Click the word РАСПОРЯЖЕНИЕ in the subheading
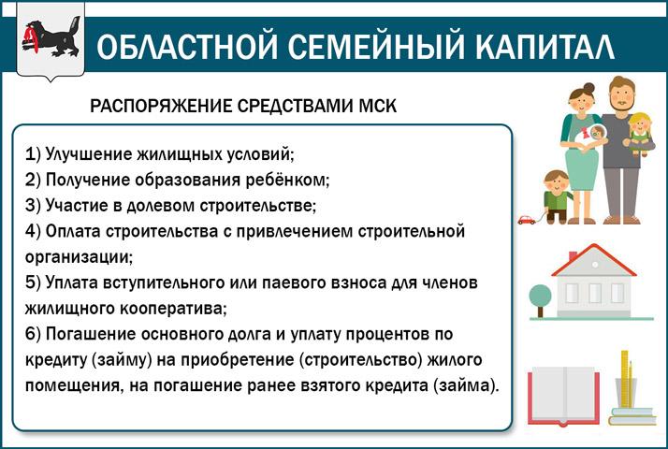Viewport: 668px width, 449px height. (161, 106)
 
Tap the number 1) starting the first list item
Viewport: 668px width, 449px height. (33, 154)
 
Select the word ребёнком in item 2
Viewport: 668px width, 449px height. (287, 180)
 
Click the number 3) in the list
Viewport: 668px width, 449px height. (33, 206)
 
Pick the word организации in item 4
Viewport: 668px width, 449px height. (79, 258)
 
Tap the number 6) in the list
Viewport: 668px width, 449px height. (33, 334)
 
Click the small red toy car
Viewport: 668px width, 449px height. (527, 220)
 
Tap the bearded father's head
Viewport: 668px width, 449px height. (621, 94)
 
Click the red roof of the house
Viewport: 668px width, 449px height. (593, 259)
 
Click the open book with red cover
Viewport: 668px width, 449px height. (563, 397)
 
